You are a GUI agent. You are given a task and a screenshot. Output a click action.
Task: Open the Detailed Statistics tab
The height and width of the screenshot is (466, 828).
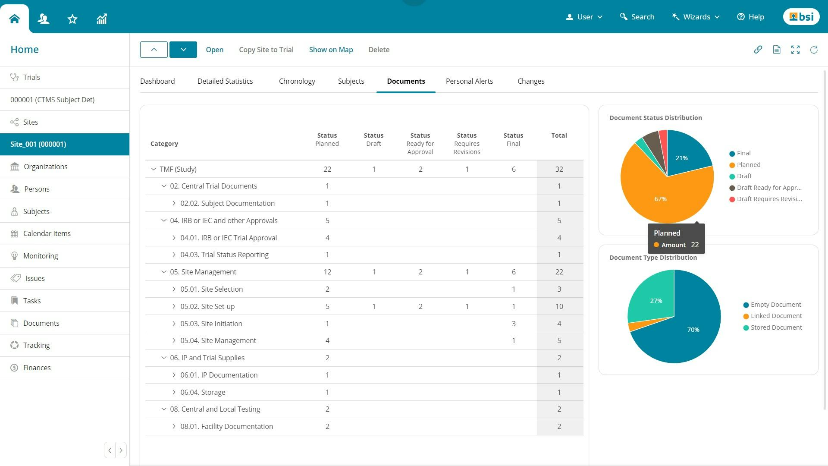(225, 81)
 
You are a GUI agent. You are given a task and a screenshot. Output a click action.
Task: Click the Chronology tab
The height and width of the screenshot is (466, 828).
(297, 81)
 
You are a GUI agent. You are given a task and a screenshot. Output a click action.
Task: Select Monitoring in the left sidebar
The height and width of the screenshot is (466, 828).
(40, 256)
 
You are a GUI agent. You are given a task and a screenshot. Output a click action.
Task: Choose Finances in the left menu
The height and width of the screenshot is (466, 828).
(37, 368)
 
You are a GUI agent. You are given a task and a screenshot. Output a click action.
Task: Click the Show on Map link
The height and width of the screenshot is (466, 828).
(331, 50)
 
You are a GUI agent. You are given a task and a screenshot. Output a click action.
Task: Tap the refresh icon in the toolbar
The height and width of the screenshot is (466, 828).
(813, 50)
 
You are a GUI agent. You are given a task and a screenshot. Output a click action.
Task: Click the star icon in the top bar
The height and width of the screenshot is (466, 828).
(72, 19)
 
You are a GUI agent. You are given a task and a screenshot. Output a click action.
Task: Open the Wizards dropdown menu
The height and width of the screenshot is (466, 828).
(696, 17)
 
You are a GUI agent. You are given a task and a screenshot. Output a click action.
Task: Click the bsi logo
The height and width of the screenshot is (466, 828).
(801, 17)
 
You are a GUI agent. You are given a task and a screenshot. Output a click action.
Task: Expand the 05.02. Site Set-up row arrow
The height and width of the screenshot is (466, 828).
(174, 306)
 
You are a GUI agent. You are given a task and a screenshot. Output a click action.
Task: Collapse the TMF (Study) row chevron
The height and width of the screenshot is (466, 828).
(154, 169)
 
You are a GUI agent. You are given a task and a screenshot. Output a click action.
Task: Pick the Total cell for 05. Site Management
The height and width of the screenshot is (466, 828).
(559, 272)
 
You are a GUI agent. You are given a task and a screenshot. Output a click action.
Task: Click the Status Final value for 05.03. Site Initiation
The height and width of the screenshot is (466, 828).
(513, 324)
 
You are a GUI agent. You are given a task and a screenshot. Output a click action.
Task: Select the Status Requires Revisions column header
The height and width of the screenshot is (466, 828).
(467, 143)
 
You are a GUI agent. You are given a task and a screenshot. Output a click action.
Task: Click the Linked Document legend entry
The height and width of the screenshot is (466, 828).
(776, 316)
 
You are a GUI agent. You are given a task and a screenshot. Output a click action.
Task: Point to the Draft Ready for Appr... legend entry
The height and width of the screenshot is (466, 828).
(768, 188)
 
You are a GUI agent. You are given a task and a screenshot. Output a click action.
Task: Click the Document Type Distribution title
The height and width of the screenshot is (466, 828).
(653, 258)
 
